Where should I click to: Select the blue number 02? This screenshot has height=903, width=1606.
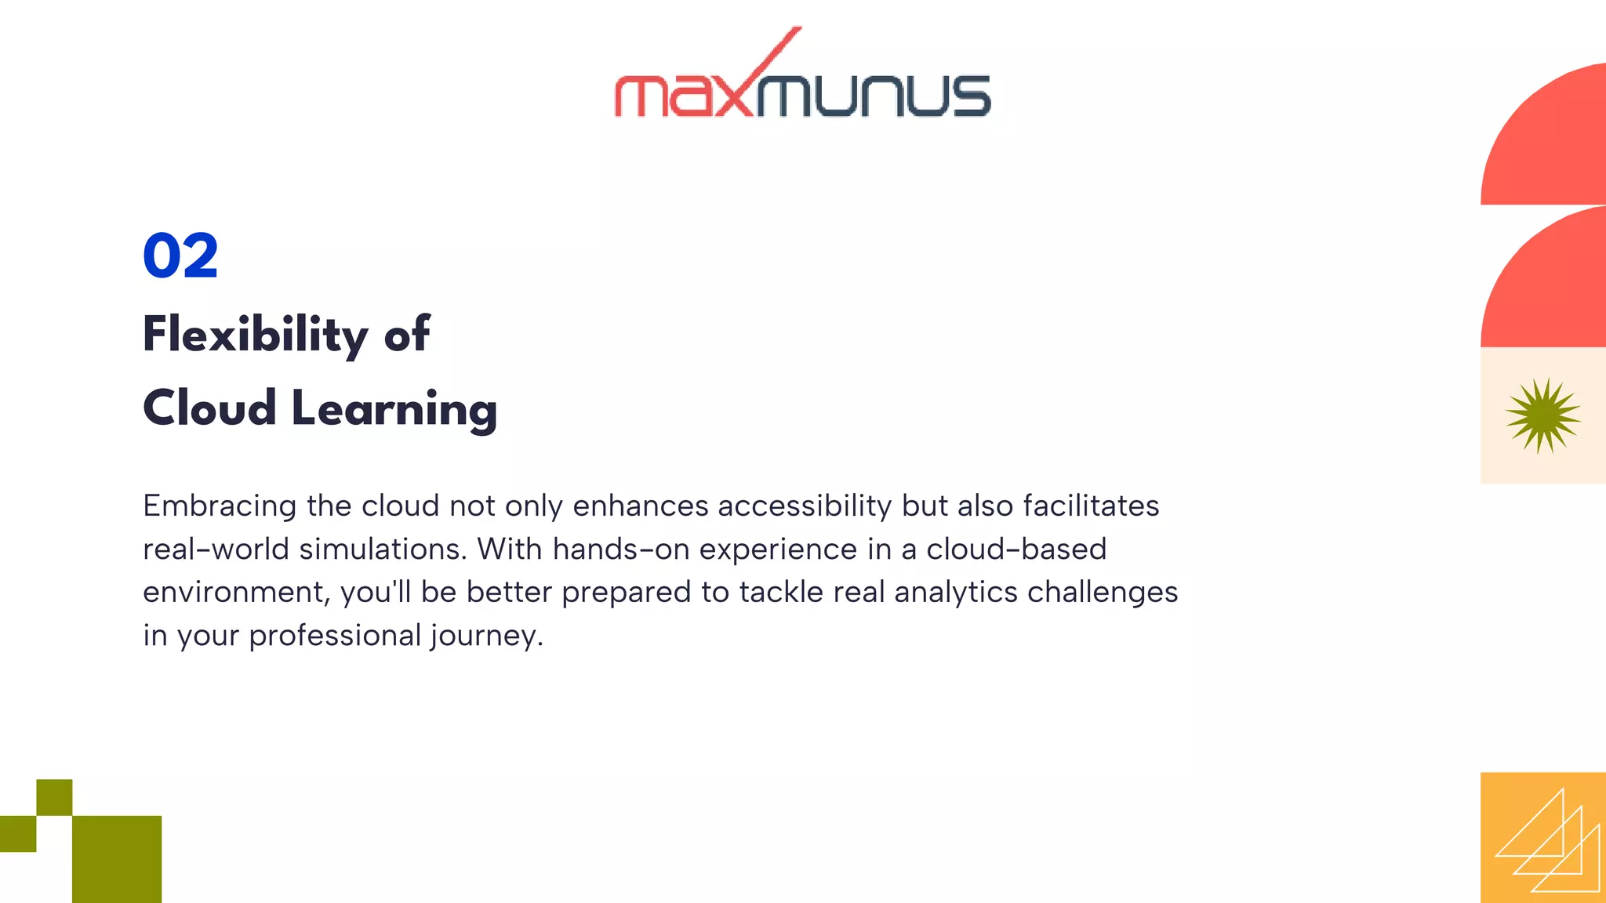point(180,256)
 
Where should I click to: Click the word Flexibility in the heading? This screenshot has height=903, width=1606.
point(255,335)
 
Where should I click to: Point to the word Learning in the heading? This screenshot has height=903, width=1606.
point(394,409)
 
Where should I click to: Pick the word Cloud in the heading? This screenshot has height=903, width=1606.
point(209,409)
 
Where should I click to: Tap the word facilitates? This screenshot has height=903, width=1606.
point(1091,506)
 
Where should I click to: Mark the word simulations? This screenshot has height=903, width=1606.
point(383,549)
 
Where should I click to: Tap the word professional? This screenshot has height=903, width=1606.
point(335,636)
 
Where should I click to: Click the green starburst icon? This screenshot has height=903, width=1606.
point(1542,415)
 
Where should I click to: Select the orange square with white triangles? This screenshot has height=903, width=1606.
point(1542,837)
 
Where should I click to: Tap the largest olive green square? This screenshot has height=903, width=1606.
point(117,859)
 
